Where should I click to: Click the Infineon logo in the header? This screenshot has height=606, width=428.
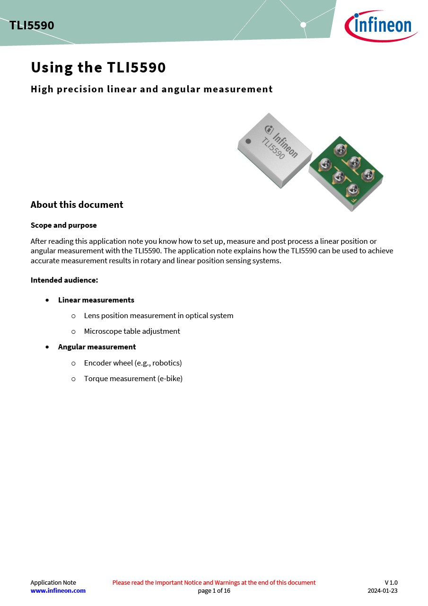(381, 26)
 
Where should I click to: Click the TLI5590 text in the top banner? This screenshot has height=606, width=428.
(32, 26)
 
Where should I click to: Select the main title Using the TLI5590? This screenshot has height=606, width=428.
(98, 68)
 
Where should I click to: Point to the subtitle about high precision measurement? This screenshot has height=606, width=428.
(151, 89)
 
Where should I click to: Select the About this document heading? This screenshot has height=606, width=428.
(77, 205)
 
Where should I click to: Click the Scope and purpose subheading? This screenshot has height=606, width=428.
(63, 225)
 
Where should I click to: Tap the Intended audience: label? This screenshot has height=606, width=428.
(64, 280)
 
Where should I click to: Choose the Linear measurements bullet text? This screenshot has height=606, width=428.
(96, 300)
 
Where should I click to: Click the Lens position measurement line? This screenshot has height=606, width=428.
(158, 315)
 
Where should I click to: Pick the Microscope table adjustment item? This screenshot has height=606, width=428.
(132, 331)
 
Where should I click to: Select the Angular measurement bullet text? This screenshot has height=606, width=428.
(97, 347)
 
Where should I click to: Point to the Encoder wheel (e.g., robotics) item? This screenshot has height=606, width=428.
(133, 363)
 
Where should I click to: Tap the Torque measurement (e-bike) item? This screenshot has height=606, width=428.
(133, 378)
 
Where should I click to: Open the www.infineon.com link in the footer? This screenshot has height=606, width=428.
(58, 590)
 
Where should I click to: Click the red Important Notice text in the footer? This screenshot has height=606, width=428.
(214, 582)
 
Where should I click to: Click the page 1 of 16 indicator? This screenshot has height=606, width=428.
(214, 590)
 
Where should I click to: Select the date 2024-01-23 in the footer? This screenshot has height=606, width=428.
(383, 590)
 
